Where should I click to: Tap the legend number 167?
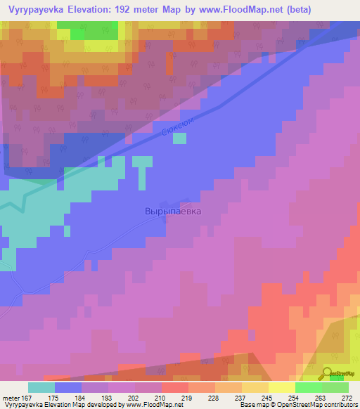click(29, 396)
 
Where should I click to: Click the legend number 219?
click(188, 396)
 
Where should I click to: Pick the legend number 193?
click(108, 396)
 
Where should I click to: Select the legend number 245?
click(267, 396)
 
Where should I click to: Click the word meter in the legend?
click(10, 396)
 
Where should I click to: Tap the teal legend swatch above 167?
click(41, 387)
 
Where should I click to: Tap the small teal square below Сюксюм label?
click(180, 138)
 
